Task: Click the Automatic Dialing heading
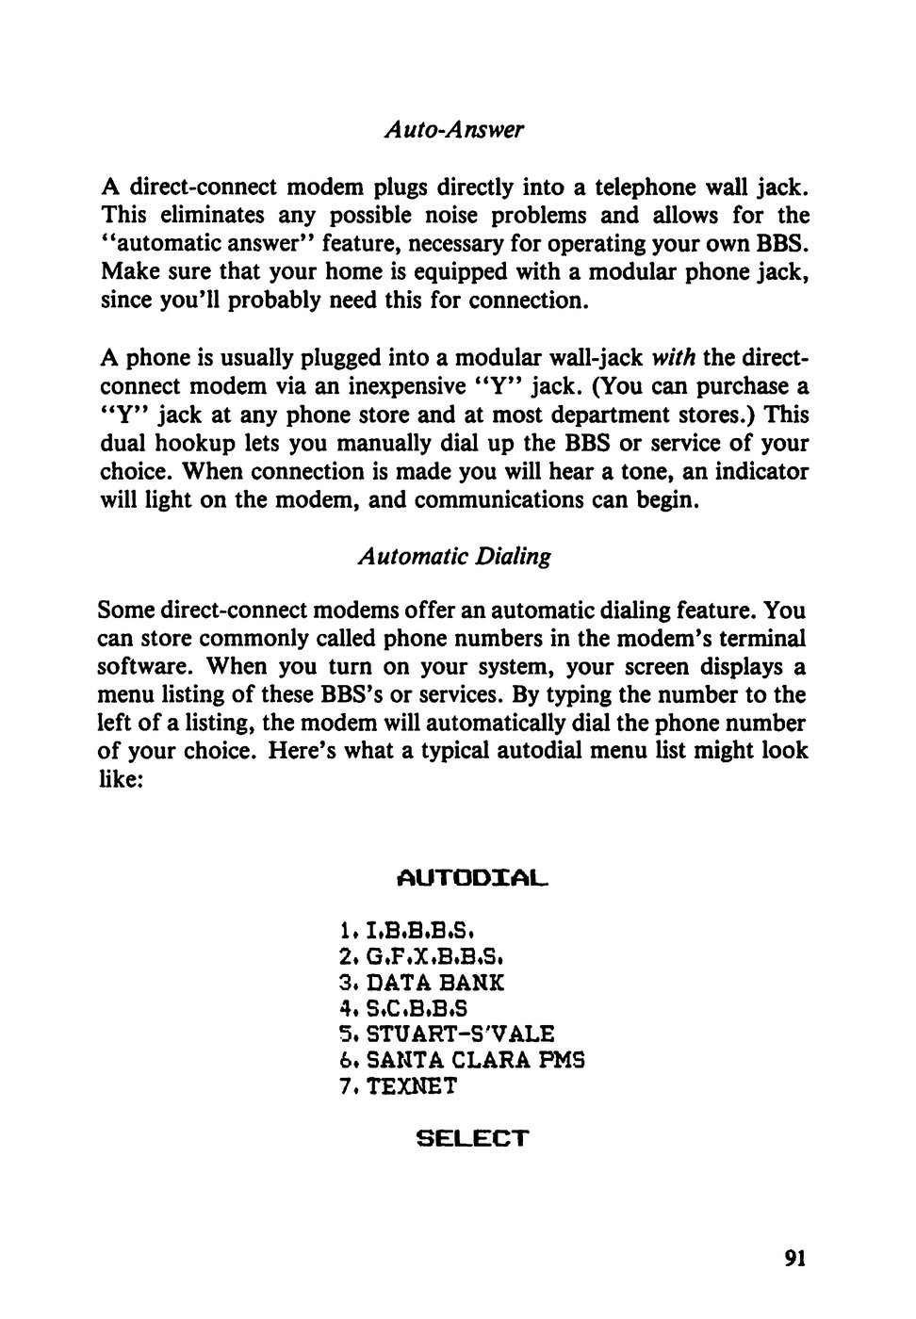tap(454, 556)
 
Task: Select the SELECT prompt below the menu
tap(472, 1138)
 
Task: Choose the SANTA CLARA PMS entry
tap(463, 1060)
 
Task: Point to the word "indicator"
tap(761, 471)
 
